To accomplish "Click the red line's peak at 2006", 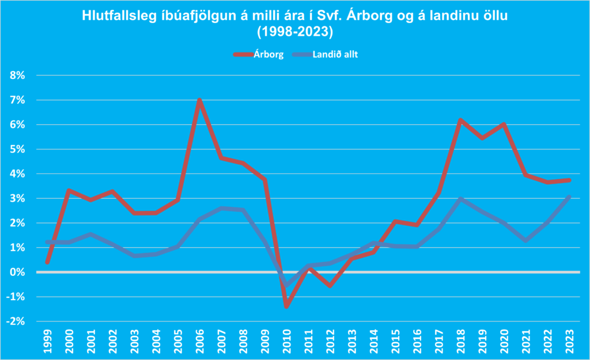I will (199, 100).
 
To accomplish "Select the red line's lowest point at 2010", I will (286, 306).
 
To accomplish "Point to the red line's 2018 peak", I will (460, 120).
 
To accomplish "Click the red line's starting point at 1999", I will (47, 262).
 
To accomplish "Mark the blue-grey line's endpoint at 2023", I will (569, 196).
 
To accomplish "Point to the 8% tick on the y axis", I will (20, 75).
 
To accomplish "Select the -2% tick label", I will (18, 321).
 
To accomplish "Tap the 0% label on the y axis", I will (20, 272).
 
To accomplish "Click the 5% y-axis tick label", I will (20, 149).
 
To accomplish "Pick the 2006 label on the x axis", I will (199, 340).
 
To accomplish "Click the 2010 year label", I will (286, 340).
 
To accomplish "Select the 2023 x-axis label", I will (569, 340).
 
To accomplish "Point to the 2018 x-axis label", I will (460, 340).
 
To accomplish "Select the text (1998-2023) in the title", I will (295, 30).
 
